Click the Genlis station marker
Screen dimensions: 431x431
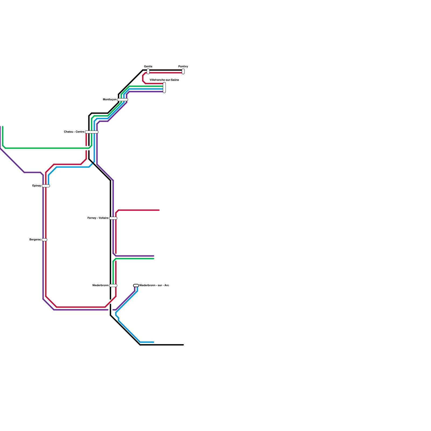pyautogui.click(x=148, y=71)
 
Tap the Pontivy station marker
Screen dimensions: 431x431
pyautogui.click(x=183, y=71)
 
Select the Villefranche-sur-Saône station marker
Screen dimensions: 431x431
pyautogui.click(x=164, y=88)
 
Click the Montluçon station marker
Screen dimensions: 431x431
pyautogui.click(x=123, y=100)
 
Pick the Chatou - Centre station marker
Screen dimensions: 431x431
pyautogui.click(x=92, y=132)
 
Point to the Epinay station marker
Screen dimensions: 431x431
pyautogui.click(x=46, y=186)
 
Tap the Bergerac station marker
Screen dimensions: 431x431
pyautogui.click(x=44, y=240)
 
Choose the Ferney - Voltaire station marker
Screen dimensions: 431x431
pyautogui.click(x=113, y=218)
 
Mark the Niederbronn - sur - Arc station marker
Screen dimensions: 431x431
pyautogui.click(x=136, y=286)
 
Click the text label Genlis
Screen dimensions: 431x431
pyautogui.click(x=148, y=67)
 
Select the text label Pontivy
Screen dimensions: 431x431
pyautogui.click(x=183, y=67)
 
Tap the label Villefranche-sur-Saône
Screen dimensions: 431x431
pyautogui.click(x=164, y=80)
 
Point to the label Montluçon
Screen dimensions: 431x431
pyautogui.click(x=110, y=100)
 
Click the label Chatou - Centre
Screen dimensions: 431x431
pyautogui.click(x=74, y=132)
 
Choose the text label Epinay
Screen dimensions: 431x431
pyautogui.click(x=37, y=186)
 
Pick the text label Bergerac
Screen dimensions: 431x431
pyautogui.click(x=35, y=240)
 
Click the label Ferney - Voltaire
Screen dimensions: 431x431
pyautogui.click(x=98, y=218)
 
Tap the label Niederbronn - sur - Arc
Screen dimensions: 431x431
pyautogui.click(x=154, y=286)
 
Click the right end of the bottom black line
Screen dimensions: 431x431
pyautogui.click(x=183, y=345)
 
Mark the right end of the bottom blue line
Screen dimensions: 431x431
pyautogui.click(x=154, y=342)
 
